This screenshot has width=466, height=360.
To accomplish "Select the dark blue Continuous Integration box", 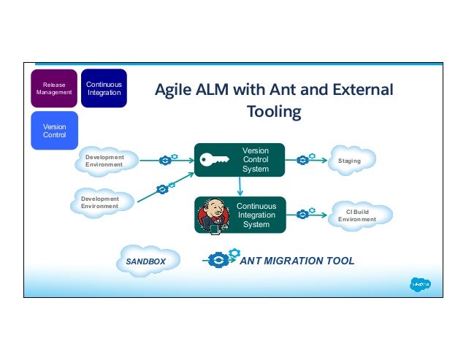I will (104, 88).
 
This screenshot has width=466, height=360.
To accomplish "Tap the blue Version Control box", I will (55, 130).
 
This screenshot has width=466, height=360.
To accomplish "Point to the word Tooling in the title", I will (274, 112).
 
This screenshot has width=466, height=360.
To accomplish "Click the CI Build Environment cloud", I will (361, 215).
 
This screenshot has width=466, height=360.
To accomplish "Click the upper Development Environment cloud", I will (106, 161).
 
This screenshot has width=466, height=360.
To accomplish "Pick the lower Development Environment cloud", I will (103, 202).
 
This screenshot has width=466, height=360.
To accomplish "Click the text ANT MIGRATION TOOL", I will (297, 261).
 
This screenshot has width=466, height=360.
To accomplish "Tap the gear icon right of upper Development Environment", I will (167, 160).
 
